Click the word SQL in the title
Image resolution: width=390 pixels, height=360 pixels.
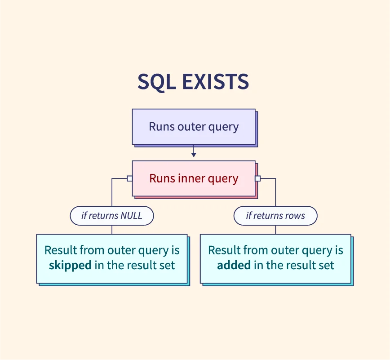(x=157, y=82)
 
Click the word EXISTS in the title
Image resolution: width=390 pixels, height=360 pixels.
(x=216, y=81)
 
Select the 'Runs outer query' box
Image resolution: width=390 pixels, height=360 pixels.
(x=194, y=127)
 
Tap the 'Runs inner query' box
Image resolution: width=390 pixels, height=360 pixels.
(x=194, y=178)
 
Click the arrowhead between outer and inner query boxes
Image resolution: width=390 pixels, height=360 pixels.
(x=194, y=155)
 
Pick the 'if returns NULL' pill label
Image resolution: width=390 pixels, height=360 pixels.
(x=112, y=216)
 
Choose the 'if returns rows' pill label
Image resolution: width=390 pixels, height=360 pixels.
(x=275, y=216)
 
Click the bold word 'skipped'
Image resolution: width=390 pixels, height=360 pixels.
(x=70, y=265)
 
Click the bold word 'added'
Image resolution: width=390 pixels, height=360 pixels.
(x=234, y=265)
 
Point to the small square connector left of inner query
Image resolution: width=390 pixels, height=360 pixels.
(x=129, y=178)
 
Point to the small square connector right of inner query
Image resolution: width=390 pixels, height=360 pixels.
(x=258, y=178)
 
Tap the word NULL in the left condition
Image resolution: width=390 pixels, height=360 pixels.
(x=131, y=215)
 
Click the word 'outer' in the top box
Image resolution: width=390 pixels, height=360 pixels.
(x=191, y=127)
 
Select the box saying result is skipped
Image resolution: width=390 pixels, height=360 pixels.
(x=112, y=258)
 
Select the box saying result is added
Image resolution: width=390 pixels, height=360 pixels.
(x=275, y=258)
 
